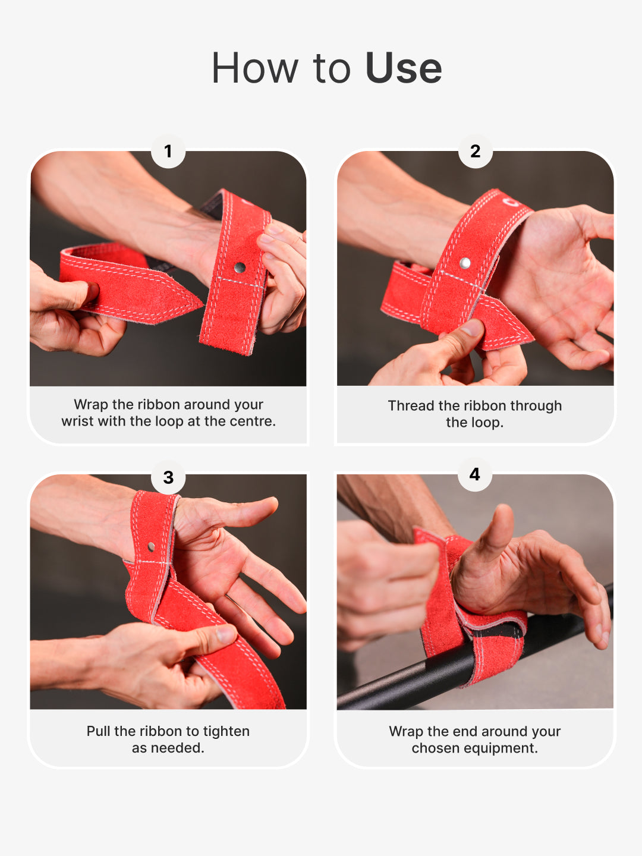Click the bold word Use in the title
coord(404,68)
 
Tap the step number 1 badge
coord(168,152)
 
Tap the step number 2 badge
coord(475,152)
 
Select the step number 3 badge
coord(168,477)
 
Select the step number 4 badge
coord(474,474)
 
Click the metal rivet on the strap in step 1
coord(240,267)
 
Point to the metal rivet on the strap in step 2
coord(465,263)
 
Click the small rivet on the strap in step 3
coord(152,546)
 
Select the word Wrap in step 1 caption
coord(90,405)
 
